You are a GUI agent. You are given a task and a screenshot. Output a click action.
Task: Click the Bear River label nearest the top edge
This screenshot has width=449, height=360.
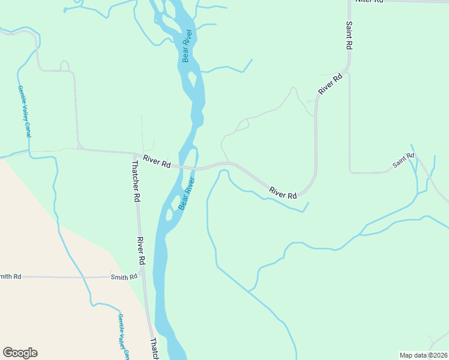click(x=187, y=46)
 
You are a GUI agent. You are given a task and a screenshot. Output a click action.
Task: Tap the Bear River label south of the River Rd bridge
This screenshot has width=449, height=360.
click(x=187, y=193)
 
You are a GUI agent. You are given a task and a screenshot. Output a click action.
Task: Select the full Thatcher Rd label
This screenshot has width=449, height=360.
click(x=136, y=180)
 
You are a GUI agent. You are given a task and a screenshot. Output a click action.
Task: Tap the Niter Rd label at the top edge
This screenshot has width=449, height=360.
click(x=369, y=1)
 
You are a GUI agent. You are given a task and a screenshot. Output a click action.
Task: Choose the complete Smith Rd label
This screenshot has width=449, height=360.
click(x=124, y=277)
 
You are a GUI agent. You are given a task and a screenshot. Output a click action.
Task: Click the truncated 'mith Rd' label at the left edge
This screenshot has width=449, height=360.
click(x=11, y=276)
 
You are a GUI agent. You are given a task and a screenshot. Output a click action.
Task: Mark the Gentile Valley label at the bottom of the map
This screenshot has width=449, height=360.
click(x=123, y=337)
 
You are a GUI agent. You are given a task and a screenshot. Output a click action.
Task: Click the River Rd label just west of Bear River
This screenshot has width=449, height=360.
click(x=157, y=163)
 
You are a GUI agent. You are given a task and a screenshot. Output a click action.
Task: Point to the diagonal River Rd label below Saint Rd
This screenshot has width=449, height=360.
click(x=330, y=84)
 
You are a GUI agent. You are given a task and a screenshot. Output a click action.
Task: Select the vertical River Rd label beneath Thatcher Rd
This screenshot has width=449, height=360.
click(x=140, y=251)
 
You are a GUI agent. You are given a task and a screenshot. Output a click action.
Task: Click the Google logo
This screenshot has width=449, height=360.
click(x=20, y=353)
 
